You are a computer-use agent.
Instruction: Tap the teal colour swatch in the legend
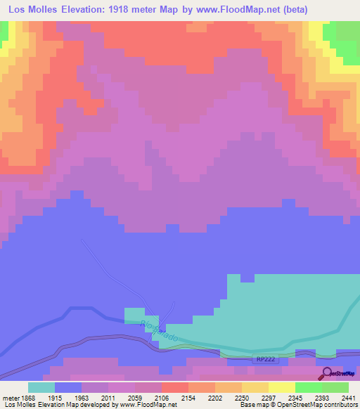41,387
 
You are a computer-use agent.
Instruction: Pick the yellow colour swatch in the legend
281,387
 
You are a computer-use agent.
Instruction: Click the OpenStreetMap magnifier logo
326,374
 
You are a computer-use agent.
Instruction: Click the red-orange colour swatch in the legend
174,387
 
